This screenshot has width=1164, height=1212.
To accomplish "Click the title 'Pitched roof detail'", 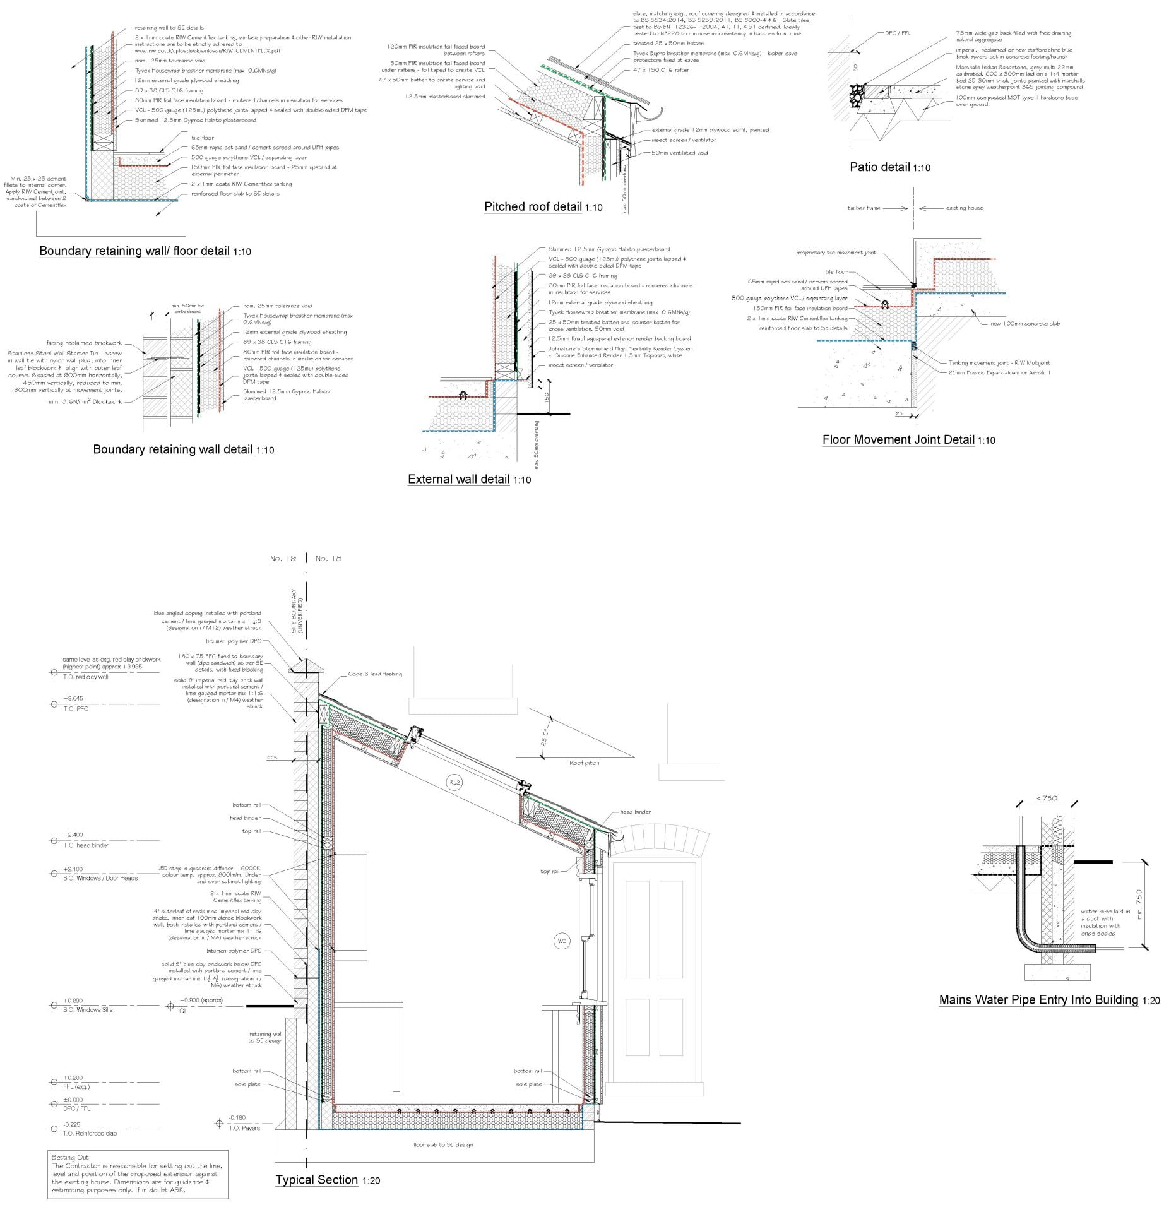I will coord(533,207).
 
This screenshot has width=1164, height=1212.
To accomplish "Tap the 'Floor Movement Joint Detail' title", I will coord(898,440).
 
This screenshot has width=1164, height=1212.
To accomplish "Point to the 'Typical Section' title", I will coord(317,1180).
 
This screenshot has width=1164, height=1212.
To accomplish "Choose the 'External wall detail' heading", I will coord(458,479).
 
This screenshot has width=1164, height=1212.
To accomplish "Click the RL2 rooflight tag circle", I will coord(454,783).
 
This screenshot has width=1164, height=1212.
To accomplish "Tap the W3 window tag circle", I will coord(561,941).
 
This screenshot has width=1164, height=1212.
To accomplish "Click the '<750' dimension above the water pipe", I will coord(1047,798).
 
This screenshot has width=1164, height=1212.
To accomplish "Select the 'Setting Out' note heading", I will coord(70,1158).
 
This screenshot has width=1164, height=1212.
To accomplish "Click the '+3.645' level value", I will coord(73,699).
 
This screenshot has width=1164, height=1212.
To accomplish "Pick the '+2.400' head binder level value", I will coord(73,835).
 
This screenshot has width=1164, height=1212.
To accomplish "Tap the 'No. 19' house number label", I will coord(283,559).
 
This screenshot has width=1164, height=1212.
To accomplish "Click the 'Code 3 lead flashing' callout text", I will coord(375,674).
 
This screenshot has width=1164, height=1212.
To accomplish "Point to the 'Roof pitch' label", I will coord(584,763).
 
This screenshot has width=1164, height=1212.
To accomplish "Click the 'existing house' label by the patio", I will coord(964,208).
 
